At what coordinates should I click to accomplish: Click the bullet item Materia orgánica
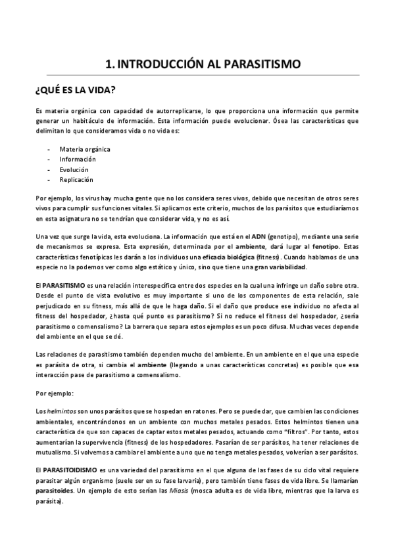85,149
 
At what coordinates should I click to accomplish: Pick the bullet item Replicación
76,179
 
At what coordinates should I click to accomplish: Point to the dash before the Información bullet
49,159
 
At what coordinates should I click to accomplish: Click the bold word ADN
259,236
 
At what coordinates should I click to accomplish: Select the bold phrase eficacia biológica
228,256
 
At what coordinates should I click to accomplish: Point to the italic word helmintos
60,410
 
